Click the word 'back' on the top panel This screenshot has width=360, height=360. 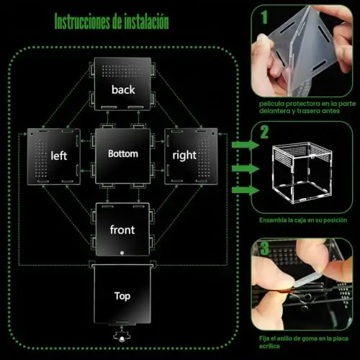[x=123, y=90]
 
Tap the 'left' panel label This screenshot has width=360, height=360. [x=59, y=156]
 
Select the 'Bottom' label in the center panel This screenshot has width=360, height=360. [x=123, y=154]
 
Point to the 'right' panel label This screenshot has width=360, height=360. [x=184, y=156]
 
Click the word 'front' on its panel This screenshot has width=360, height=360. [x=122, y=230]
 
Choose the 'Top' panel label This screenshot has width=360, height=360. [x=122, y=296]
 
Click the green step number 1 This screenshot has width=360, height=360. [x=264, y=17]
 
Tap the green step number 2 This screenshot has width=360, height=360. [x=264, y=132]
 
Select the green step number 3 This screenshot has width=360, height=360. [x=264, y=248]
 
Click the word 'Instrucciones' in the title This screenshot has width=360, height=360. [x=82, y=22]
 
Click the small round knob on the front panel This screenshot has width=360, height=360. [x=122, y=253]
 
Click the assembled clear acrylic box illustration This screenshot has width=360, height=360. [x=302, y=173]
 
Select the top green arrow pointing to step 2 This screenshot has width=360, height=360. [x=246, y=145]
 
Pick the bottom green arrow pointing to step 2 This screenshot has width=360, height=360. [x=246, y=190]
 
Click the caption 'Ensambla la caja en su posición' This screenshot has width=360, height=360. [x=303, y=220]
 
